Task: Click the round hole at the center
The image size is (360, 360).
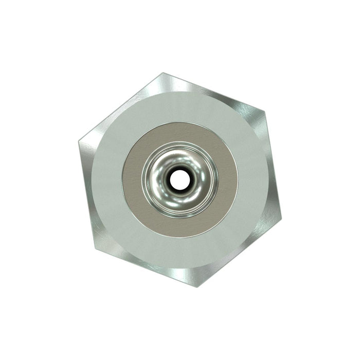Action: [x=179, y=179]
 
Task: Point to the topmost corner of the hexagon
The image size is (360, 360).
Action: [x=163, y=73]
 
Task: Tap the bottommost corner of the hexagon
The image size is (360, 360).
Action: [x=197, y=286]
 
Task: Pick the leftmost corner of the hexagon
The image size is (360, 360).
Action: [x=79, y=142]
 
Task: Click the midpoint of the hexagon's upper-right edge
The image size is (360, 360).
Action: [x=213, y=92]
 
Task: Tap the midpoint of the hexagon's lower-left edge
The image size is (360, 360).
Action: [x=147, y=267]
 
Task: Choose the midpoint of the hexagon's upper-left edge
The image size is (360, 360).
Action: [x=121, y=107]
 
